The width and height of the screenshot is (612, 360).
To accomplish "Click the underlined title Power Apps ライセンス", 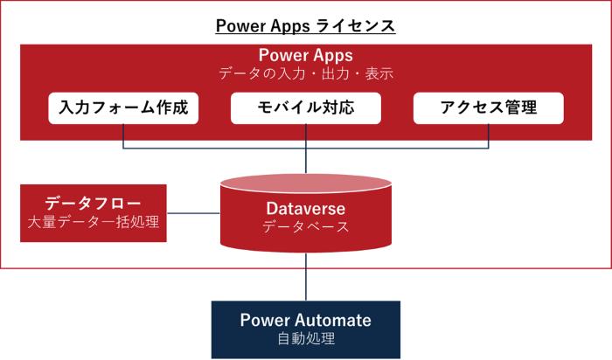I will pyautogui.click(x=306, y=26).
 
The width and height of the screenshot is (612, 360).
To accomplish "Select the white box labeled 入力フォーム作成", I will pyautogui.click(x=123, y=108).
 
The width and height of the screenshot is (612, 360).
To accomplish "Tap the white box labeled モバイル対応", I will pyautogui.click(x=306, y=108).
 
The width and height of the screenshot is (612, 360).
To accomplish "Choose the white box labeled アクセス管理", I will pyautogui.click(x=488, y=108).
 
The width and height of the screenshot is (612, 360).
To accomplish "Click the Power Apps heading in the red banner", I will pyautogui.click(x=306, y=56).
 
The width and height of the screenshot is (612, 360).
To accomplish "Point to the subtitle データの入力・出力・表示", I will pyautogui.click(x=306, y=74).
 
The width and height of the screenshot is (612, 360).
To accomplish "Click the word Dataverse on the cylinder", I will pyautogui.click(x=306, y=209).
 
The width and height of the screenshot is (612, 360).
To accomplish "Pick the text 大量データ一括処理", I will pyautogui.click(x=93, y=222).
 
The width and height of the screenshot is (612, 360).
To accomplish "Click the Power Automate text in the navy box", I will pyautogui.click(x=306, y=320).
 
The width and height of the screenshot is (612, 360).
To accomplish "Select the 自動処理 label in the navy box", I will pyautogui.click(x=306, y=339).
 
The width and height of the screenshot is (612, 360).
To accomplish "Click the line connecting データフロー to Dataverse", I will pyautogui.click(x=192, y=212).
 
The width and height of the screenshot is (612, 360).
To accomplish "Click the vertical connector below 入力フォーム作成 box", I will pyautogui.click(x=123, y=135).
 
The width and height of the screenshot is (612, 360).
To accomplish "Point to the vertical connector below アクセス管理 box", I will pyautogui.click(x=488, y=135).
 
